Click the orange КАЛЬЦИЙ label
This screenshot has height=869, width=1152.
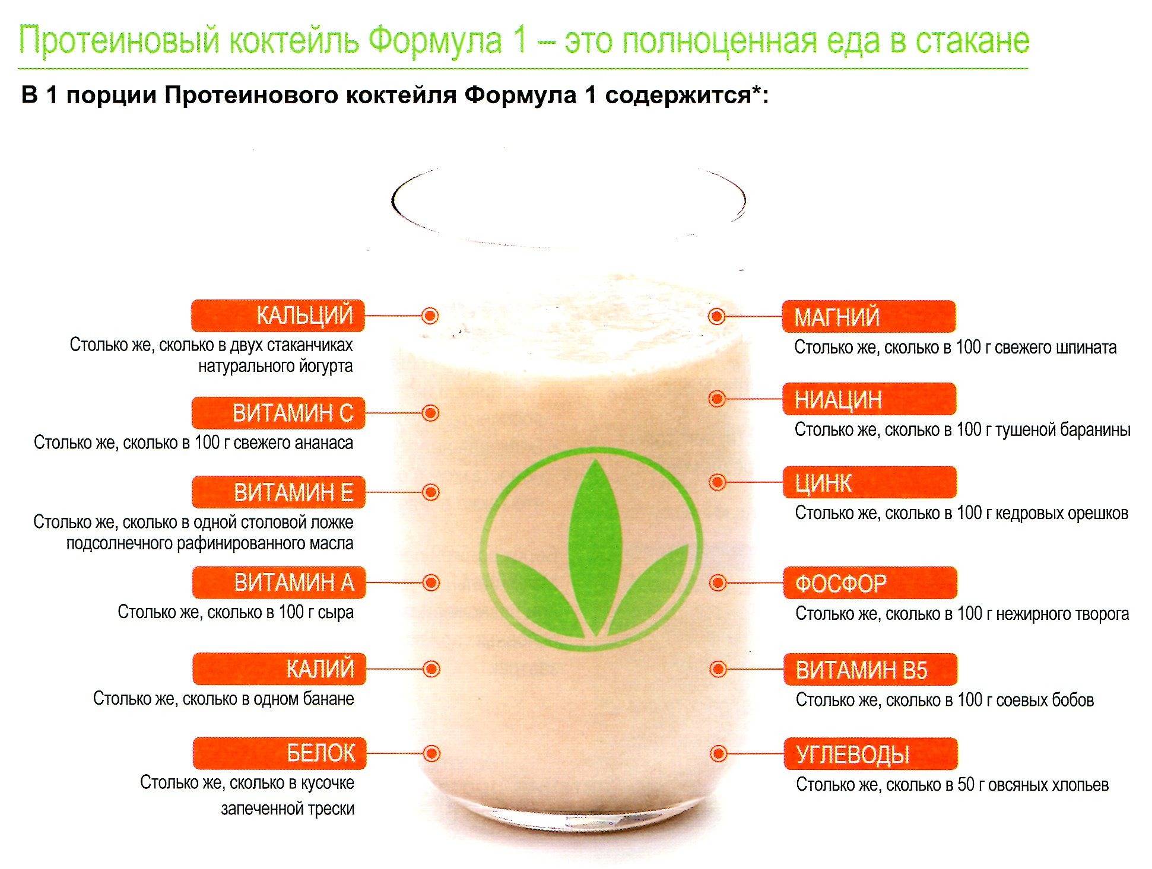277,316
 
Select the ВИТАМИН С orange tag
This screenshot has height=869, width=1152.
278,413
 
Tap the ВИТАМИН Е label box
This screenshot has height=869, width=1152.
278,492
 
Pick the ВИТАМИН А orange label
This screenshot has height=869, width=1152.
279,582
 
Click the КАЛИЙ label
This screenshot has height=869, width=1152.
280,669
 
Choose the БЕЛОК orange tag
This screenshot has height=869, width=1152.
280,753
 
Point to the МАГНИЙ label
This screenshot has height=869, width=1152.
868,317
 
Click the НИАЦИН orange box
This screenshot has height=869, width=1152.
869,399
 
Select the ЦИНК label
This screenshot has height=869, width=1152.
869,482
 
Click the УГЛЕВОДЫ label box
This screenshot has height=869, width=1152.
871,754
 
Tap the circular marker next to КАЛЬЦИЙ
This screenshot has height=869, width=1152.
430,316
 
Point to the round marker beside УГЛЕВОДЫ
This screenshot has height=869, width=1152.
718,754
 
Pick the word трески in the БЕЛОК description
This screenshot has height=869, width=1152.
328,809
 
